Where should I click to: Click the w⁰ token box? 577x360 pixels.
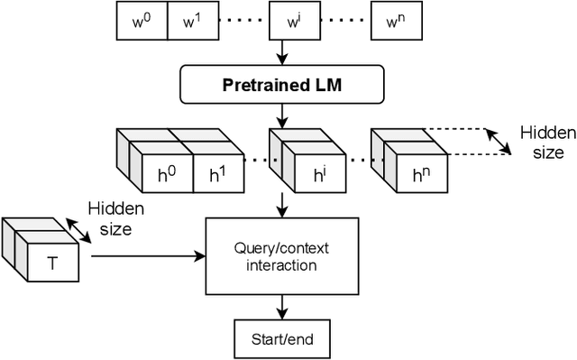click(142, 22)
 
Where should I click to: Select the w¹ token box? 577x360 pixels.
click(191, 22)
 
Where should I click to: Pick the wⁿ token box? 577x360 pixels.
click(397, 22)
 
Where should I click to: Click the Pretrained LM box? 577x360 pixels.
click(283, 87)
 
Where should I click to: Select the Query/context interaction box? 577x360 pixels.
click(283, 255)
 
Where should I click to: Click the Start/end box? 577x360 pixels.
click(283, 340)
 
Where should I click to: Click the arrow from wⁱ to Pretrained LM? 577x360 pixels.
click(283, 51)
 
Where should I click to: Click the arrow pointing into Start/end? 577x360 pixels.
click(283, 306)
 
